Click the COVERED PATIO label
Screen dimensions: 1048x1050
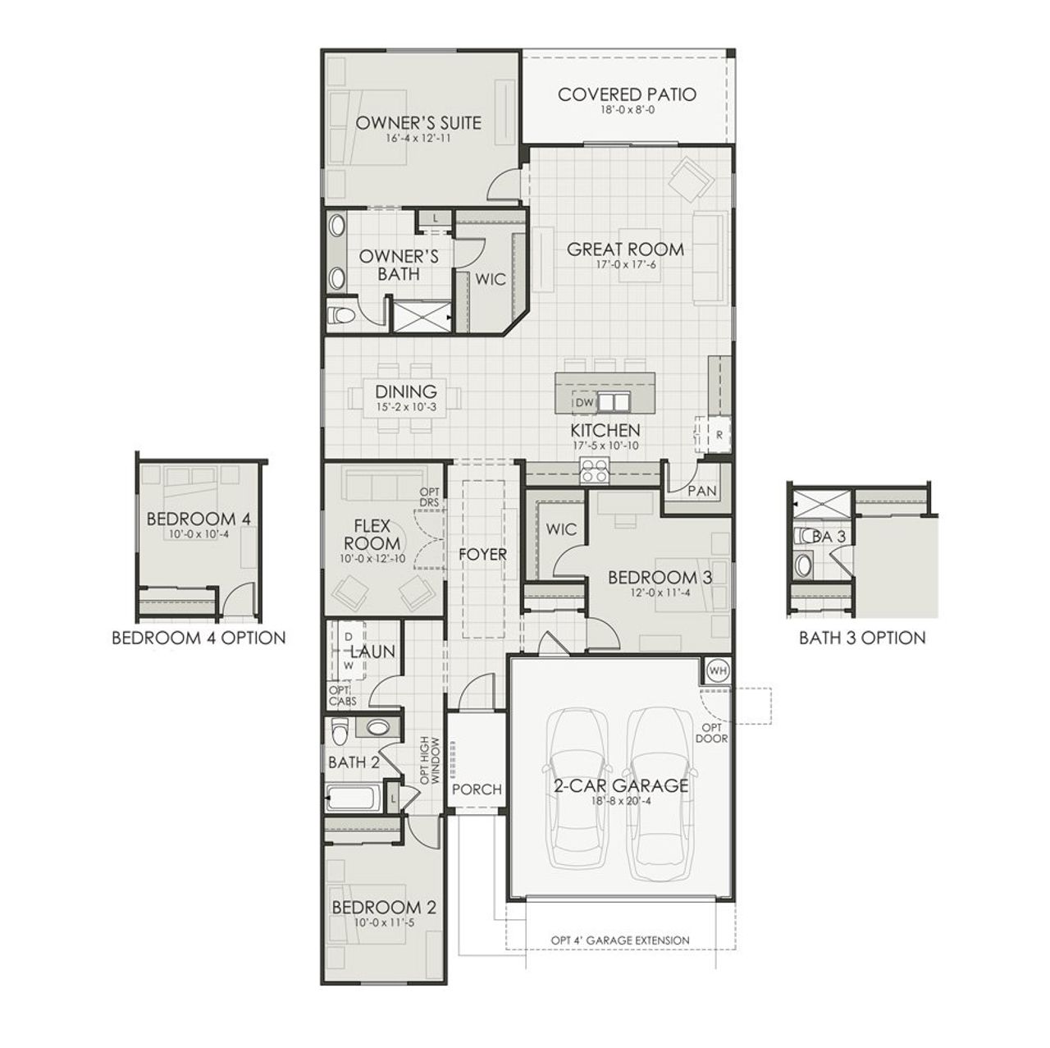point(627,94)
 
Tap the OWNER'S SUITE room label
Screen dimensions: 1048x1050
point(418,123)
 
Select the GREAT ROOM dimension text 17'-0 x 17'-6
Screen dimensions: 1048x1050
point(625,265)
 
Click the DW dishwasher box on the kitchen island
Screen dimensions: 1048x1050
point(583,403)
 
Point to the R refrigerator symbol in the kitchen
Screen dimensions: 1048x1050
point(719,436)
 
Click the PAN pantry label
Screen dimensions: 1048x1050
point(702,492)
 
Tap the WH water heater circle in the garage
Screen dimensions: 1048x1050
point(718,670)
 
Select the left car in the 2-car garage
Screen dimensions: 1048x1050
point(579,786)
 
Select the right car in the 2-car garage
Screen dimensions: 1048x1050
point(663,786)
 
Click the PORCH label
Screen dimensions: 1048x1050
point(477,789)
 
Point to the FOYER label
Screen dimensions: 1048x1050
point(482,555)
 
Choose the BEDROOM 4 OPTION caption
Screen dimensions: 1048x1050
point(199,638)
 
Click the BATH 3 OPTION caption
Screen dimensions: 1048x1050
point(862,638)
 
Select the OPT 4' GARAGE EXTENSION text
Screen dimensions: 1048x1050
point(620,940)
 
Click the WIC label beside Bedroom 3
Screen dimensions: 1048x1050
point(561,529)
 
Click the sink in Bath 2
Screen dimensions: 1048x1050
point(377,727)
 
